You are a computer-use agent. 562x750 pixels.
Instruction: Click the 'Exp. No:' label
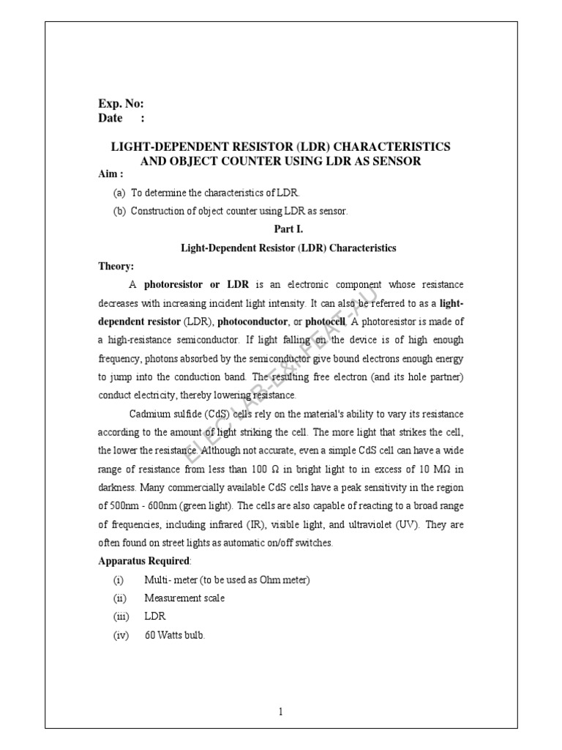coord(121,104)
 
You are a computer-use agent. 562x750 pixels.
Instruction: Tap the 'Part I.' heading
coord(288,229)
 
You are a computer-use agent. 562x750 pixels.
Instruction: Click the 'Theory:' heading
coord(116,266)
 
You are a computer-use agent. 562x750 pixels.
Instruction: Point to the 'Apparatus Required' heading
coord(143,561)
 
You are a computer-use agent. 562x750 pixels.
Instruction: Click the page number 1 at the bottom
coord(281,711)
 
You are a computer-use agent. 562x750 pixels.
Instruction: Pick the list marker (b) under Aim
coord(119,211)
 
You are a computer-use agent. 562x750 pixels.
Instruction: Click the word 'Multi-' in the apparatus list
coord(157,580)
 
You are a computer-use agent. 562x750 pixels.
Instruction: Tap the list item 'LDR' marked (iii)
coord(155,617)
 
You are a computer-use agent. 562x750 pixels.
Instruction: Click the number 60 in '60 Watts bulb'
coord(150,636)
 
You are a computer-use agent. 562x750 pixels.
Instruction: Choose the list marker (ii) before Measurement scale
coord(119,598)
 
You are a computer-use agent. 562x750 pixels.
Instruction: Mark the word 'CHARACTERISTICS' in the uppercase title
coord(391,146)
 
